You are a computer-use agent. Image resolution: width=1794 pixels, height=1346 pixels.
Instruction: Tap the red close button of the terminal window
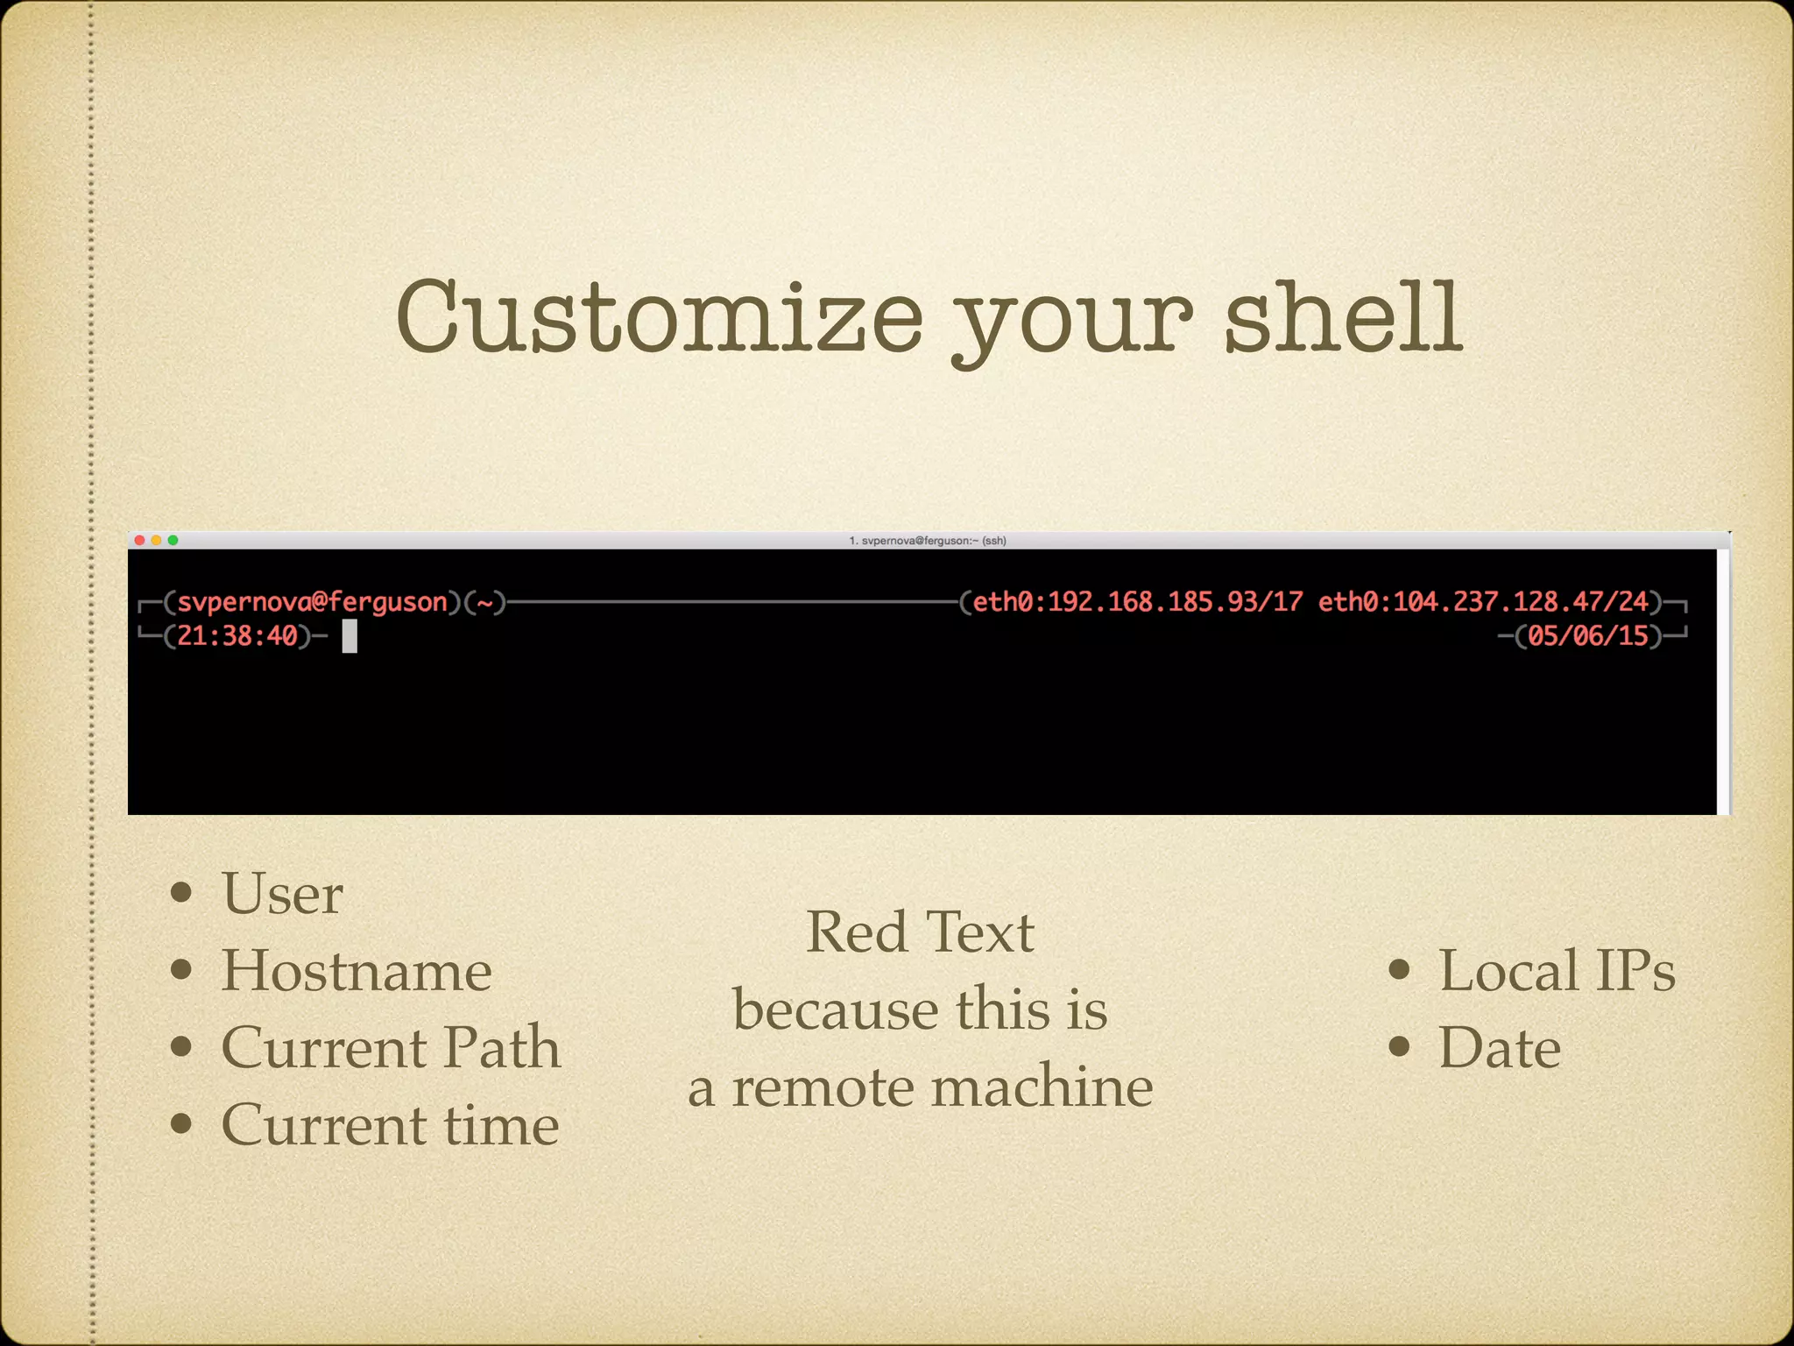[139, 541]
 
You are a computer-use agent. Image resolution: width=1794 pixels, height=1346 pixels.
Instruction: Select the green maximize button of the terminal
[173, 541]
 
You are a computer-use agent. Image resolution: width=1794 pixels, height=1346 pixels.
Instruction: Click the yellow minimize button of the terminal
[156, 541]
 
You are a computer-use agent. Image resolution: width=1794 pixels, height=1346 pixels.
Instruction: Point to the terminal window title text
[928, 541]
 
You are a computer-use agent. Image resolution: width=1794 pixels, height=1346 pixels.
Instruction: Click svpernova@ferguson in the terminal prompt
[313, 602]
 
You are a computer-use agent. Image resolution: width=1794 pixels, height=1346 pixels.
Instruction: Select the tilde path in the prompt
[485, 603]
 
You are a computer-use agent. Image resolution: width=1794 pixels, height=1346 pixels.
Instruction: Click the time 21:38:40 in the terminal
[237, 635]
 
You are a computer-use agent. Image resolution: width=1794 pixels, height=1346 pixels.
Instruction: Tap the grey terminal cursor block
[350, 636]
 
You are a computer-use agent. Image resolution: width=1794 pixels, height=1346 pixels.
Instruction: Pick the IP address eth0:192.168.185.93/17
[1137, 602]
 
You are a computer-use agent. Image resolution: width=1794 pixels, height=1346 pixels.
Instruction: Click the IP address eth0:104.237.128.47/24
[1483, 602]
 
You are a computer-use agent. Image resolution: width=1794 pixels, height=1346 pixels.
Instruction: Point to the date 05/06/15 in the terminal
[1587, 635]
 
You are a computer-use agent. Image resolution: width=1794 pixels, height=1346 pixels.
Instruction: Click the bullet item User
[281, 894]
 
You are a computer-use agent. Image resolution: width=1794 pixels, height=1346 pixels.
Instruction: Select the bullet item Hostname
[356, 971]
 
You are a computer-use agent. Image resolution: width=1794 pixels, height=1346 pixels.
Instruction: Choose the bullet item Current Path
[390, 1048]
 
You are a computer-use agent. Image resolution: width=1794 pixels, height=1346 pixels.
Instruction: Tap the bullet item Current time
[390, 1125]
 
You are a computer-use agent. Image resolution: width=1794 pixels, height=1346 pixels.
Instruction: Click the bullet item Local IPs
[1556, 971]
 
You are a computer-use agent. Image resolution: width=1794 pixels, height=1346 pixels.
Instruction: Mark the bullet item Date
[1499, 1048]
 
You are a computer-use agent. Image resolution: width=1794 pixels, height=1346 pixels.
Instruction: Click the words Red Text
[920, 932]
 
